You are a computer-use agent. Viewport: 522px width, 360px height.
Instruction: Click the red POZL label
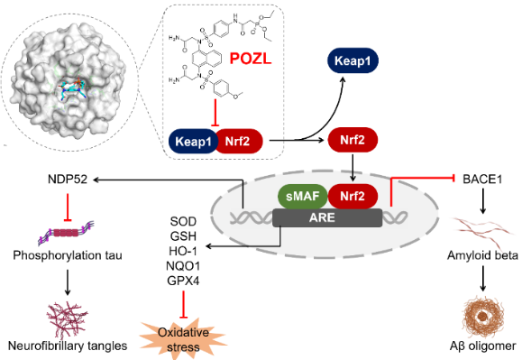click(251, 59)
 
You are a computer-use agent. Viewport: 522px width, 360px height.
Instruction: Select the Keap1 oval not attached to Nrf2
click(353, 60)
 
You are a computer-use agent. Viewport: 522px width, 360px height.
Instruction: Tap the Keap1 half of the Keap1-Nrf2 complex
click(193, 142)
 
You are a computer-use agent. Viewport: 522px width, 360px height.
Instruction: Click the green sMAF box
click(303, 196)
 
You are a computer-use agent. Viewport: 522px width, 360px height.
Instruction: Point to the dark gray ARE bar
click(327, 217)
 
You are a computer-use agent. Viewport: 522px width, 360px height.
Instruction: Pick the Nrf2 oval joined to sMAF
click(353, 196)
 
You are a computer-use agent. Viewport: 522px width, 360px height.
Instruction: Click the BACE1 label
click(482, 180)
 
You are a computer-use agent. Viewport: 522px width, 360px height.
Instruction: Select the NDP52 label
click(68, 180)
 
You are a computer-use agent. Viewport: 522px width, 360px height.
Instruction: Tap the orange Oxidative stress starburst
click(183, 339)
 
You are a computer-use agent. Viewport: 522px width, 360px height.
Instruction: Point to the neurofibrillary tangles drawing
click(68, 316)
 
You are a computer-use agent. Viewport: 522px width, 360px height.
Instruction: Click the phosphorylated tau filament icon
click(66, 232)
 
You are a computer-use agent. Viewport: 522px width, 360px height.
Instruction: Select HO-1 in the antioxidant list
click(183, 251)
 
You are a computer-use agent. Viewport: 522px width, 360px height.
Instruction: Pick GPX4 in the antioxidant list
click(183, 281)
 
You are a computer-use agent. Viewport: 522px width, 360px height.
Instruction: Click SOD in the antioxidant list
click(183, 221)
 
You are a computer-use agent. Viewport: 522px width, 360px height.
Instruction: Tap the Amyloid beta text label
click(482, 255)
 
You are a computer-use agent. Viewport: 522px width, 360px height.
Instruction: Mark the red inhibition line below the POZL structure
click(215, 113)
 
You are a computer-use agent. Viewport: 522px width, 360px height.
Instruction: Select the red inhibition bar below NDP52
click(68, 208)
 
